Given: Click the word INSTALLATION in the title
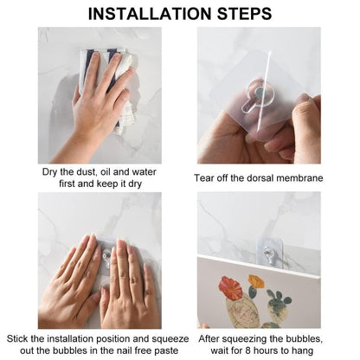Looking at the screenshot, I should point(149,13).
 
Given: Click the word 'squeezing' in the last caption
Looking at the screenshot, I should point(255,336).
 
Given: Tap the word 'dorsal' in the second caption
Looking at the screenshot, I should point(256,178).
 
